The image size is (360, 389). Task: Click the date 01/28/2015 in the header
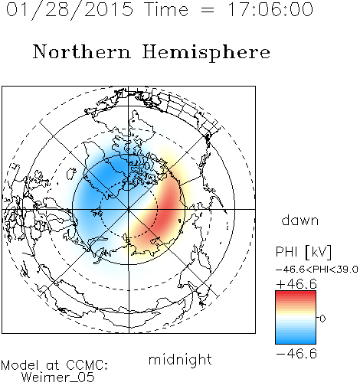tap(70, 10)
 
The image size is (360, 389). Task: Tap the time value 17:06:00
tap(270, 9)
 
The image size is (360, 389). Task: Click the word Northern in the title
tap(82, 51)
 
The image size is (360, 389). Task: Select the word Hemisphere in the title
tap(206, 53)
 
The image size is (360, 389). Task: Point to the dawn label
tap(300, 220)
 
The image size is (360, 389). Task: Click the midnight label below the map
tap(180, 360)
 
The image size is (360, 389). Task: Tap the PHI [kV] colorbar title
tap(304, 252)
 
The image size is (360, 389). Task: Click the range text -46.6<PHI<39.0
tap(317, 270)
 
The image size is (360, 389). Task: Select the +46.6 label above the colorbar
tap(296, 284)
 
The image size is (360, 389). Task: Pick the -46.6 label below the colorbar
tap(296, 354)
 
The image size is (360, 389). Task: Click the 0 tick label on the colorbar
tap(322, 319)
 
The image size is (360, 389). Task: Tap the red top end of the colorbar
tap(296, 293)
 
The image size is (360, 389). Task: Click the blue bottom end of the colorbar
tap(296, 342)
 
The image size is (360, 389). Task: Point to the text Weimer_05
tap(58, 378)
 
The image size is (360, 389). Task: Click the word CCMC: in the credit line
tap(87, 365)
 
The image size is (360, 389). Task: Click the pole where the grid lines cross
tap(129, 209)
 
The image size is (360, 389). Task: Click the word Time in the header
tap(166, 9)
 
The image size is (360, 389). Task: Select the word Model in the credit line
tap(20, 365)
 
